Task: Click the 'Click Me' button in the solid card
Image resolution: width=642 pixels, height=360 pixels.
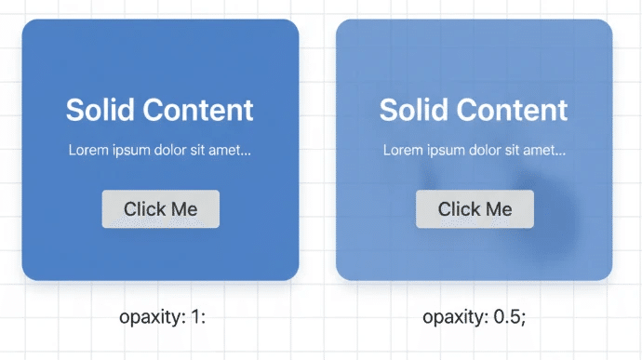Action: [x=160, y=209]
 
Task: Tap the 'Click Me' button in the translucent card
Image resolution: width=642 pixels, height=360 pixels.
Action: [x=475, y=209]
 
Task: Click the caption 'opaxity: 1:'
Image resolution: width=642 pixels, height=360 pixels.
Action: [x=162, y=317]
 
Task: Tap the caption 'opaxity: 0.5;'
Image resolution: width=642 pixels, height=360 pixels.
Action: [x=474, y=317]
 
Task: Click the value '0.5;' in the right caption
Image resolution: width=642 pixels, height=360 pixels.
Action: [x=509, y=317]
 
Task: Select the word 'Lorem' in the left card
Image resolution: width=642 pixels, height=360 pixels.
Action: [x=87, y=150]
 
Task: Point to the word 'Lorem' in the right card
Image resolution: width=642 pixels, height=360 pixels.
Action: [x=401, y=150]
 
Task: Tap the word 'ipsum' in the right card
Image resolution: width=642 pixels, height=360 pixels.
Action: [x=440, y=150]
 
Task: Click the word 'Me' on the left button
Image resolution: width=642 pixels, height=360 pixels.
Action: [x=184, y=209]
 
